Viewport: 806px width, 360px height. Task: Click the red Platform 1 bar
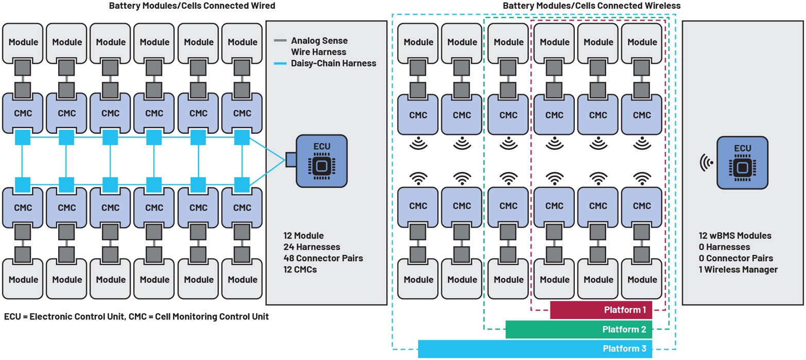[601, 310]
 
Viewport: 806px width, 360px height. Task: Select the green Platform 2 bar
[578, 330]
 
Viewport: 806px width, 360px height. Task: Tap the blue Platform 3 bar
[535, 349]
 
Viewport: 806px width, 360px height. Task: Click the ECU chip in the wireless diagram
[742, 162]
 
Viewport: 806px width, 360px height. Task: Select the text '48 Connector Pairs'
[323, 258]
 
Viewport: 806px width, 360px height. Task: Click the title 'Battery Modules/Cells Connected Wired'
[192, 6]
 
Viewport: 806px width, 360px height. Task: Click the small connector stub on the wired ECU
[290, 160]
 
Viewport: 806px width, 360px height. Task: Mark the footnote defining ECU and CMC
[136, 317]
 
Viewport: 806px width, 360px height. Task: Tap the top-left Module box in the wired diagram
[23, 42]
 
